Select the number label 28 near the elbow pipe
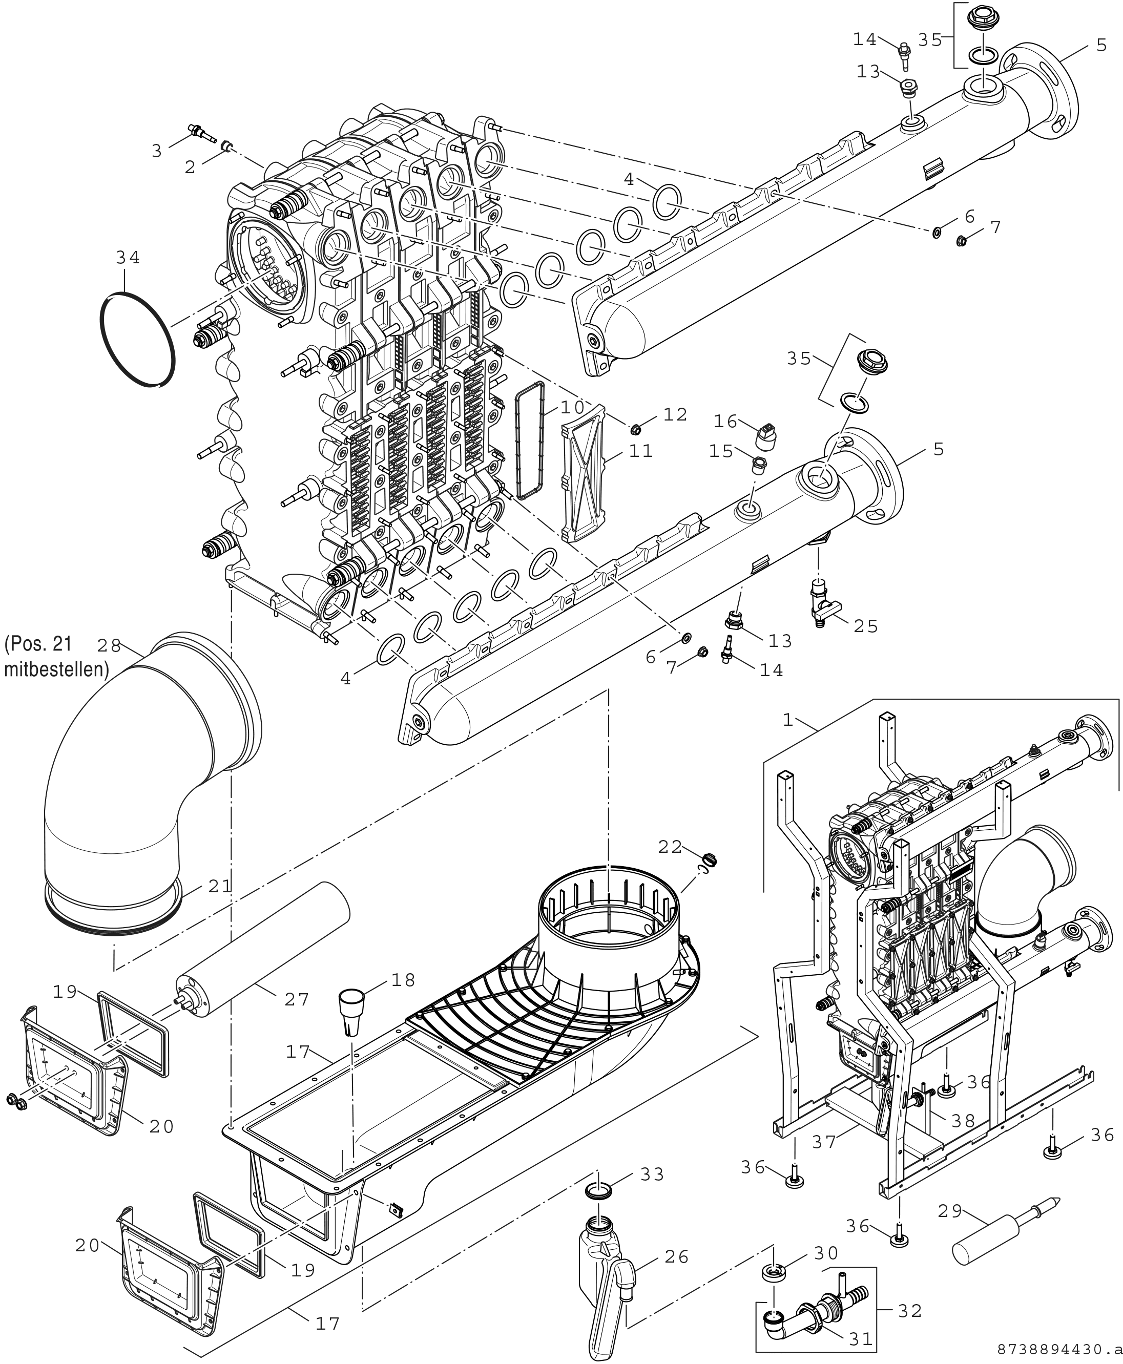point(109,645)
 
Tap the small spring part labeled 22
point(710,860)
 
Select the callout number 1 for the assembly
point(787,720)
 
